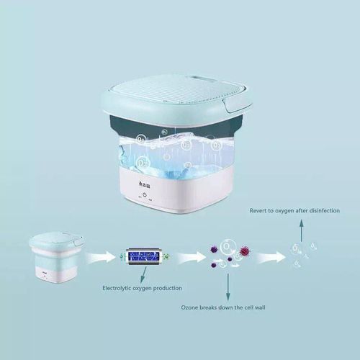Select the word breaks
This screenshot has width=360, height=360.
[213, 308]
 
